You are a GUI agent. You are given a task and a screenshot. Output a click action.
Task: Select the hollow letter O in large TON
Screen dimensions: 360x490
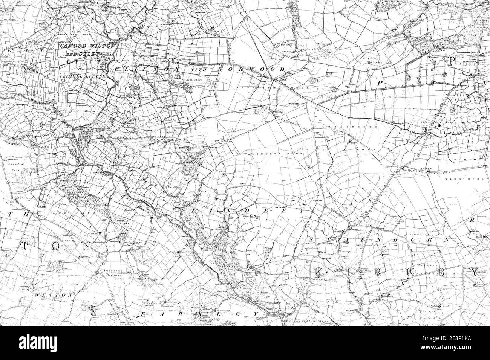(x=56, y=246)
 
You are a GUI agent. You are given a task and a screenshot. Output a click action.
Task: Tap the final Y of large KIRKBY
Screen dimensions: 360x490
(x=473, y=274)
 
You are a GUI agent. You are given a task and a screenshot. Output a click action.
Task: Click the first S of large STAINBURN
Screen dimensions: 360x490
(x=311, y=239)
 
